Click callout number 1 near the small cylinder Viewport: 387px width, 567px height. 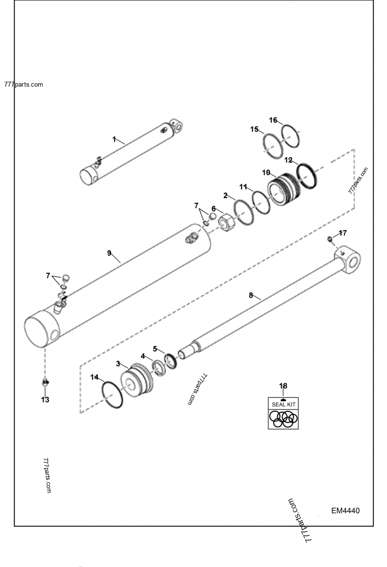(x=114, y=139)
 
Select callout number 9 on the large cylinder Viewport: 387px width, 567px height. (x=109, y=253)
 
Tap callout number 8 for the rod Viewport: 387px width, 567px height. (x=251, y=295)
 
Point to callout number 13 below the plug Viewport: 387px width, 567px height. (x=45, y=400)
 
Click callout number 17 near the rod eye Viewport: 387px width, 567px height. (x=342, y=233)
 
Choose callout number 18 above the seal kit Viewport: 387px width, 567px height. (x=283, y=386)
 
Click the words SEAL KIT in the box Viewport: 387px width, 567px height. (x=283, y=403)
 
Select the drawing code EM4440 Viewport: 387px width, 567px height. (x=345, y=510)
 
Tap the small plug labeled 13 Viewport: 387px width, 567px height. (x=45, y=383)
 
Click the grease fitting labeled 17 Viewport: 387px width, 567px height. (x=329, y=239)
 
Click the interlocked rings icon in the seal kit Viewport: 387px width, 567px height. (x=283, y=419)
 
